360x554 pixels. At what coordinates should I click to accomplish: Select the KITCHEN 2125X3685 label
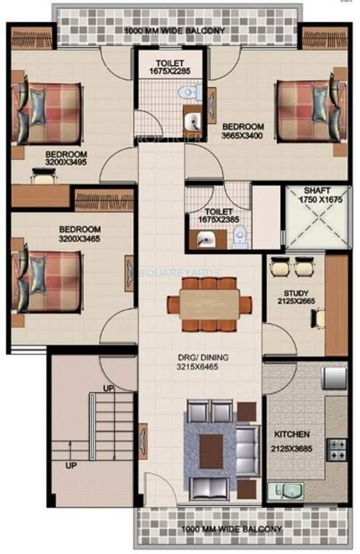292,439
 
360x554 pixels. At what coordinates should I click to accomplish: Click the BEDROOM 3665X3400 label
242,131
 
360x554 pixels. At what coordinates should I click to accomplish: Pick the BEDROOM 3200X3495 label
66,158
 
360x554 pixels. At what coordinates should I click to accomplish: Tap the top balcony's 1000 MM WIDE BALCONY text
175,31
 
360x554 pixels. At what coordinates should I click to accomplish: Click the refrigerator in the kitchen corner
334,378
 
